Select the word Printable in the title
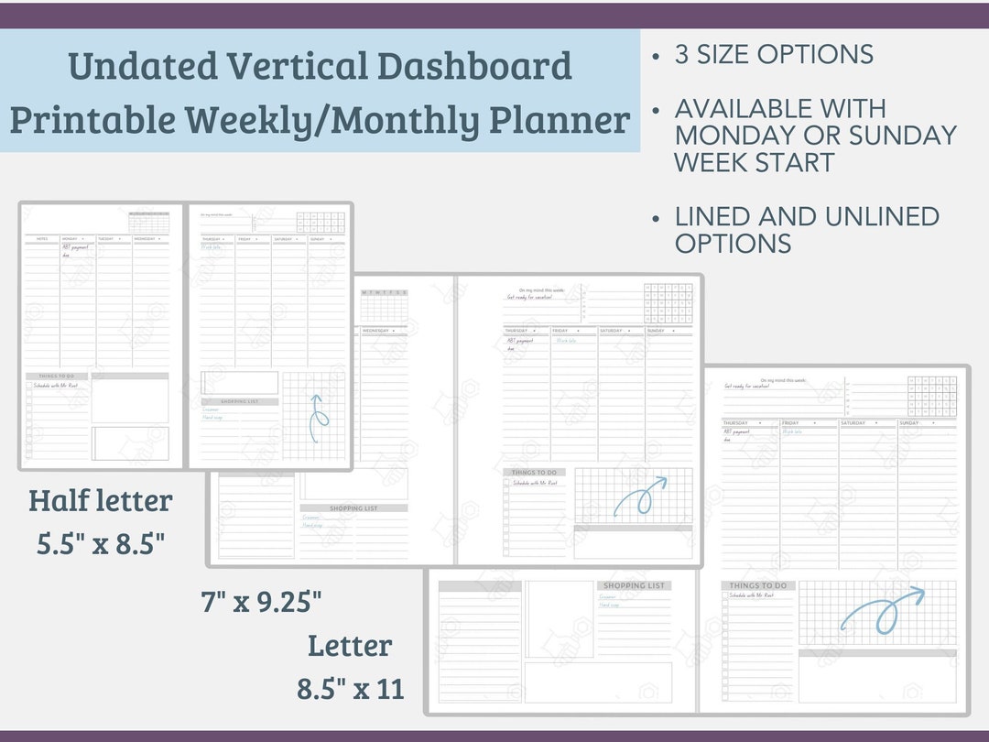pos(92,120)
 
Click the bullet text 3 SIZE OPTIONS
pos(774,54)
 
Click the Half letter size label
pos(100,501)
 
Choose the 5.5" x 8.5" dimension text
pos(101,544)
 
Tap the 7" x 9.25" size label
pos(261,602)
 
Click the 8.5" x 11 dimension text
pos(350,689)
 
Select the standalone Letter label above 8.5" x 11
pos(350,646)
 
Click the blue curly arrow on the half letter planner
pos(317,417)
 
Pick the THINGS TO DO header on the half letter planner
pos(57,376)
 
